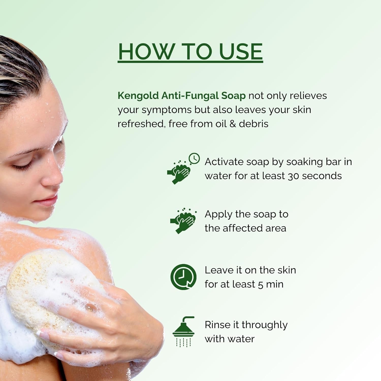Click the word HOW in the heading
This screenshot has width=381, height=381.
(x=146, y=52)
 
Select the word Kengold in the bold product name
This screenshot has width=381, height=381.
(x=138, y=96)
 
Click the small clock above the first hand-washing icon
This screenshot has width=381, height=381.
(x=194, y=158)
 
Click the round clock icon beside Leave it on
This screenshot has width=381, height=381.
(x=183, y=277)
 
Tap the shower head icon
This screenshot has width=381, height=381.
(x=183, y=332)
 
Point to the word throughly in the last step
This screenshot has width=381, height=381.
(x=264, y=325)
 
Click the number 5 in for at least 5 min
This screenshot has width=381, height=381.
(x=260, y=285)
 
